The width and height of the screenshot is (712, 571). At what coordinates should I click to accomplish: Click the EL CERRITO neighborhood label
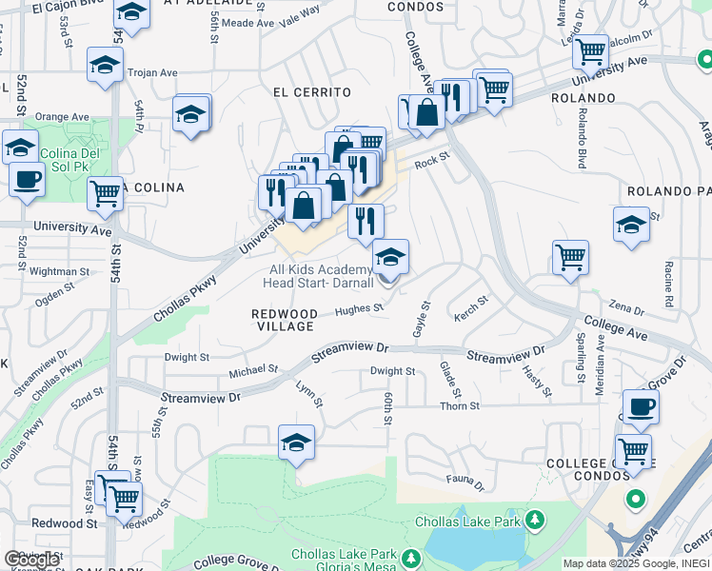(x=311, y=92)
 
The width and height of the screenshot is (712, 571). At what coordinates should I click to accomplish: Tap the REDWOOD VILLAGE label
(x=285, y=320)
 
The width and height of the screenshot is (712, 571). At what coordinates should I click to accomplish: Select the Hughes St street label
(x=359, y=308)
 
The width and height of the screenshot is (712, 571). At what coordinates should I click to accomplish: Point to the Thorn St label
(x=459, y=406)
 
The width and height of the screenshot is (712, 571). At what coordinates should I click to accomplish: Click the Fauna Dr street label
(x=465, y=482)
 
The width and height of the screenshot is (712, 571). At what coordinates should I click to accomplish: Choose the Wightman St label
(x=60, y=271)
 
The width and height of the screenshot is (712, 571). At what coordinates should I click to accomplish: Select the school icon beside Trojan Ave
(x=104, y=65)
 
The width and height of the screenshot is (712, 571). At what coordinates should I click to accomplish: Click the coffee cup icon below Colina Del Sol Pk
(x=27, y=177)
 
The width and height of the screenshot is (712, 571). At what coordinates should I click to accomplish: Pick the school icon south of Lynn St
(x=297, y=442)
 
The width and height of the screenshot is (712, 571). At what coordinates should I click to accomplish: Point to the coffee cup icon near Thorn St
(x=641, y=406)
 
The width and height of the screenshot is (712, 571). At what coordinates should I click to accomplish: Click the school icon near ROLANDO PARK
(x=631, y=224)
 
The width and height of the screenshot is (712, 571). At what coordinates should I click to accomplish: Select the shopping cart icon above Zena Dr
(x=570, y=256)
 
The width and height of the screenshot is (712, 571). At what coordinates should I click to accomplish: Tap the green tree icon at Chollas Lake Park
(x=536, y=520)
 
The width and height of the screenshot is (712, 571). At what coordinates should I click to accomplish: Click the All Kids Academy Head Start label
(x=321, y=276)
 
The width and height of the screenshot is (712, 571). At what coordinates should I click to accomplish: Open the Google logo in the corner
(x=31, y=560)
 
